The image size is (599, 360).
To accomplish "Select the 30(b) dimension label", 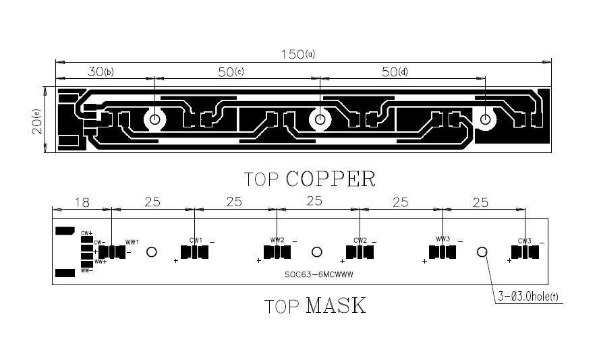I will pyautogui.click(x=101, y=71).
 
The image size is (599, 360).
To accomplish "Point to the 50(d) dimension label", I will pyautogui.click(x=395, y=71).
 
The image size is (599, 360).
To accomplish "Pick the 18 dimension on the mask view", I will pyautogui.click(x=82, y=202).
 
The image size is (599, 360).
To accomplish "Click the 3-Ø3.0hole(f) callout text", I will pyautogui.click(x=528, y=296).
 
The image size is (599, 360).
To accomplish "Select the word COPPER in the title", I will pyautogui.click(x=331, y=179).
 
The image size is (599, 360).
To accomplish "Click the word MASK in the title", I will pyautogui.click(x=335, y=305).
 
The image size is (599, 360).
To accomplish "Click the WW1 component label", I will pyautogui.click(x=132, y=242).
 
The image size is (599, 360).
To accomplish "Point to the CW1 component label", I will pyautogui.click(x=196, y=240).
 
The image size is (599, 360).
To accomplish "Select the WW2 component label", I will pyautogui.click(x=277, y=240).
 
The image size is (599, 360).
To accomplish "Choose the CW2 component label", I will pyautogui.click(x=360, y=240).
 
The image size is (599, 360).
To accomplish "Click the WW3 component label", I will pyautogui.click(x=443, y=239).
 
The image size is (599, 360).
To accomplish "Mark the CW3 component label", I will pyautogui.click(x=525, y=241).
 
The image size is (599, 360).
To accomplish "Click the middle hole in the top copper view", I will pyautogui.click(x=320, y=120).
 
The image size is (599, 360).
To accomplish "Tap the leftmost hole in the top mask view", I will pyautogui.click(x=152, y=251).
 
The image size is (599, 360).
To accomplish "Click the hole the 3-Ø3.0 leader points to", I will pyautogui.click(x=482, y=251).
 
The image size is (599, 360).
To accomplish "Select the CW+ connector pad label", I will pyautogui.click(x=86, y=233).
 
